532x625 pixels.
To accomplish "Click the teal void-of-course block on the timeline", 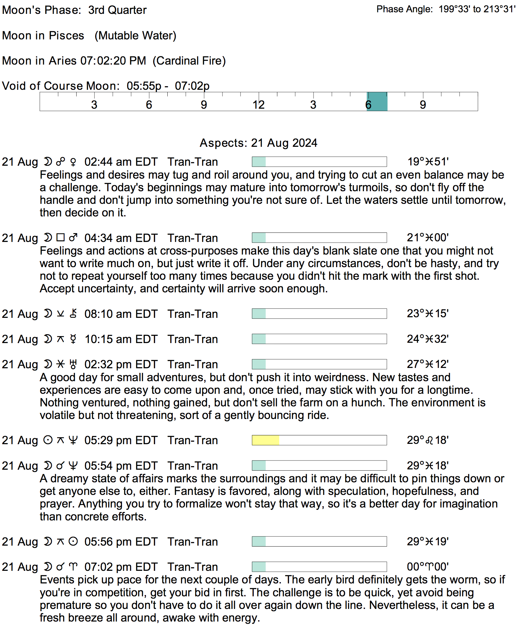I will pyautogui.click(x=377, y=101).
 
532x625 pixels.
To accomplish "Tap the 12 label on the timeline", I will pyautogui.click(x=258, y=105).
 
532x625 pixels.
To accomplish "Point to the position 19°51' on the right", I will pyautogui.click(x=428, y=162).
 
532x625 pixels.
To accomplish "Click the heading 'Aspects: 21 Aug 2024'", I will pyautogui.click(x=258, y=143).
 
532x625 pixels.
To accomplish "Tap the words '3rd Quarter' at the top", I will pyautogui.click(x=117, y=10).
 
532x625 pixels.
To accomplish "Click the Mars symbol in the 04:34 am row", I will pyautogui.click(x=73, y=238).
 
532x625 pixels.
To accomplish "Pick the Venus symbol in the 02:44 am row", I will pyautogui.click(x=73, y=162).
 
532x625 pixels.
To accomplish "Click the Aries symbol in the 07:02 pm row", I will pyautogui.click(x=73, y=567).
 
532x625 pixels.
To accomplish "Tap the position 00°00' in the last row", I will pyautogui.click(x=428, y=567).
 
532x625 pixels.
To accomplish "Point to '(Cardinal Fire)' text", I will pyautogui.click(x=189, y=61).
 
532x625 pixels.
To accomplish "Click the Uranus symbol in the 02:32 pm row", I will pyautogui.click(x=73, y=364).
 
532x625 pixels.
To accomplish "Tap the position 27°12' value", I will pyautogui.click(x=428, y=364).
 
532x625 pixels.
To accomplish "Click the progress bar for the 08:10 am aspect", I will pyautogui.click(x=319, y=314).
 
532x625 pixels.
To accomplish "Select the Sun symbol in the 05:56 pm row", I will pyautogui.click(x=73, y=542).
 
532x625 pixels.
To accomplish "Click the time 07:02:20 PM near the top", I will pyautogui.click(x=113, y=61).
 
